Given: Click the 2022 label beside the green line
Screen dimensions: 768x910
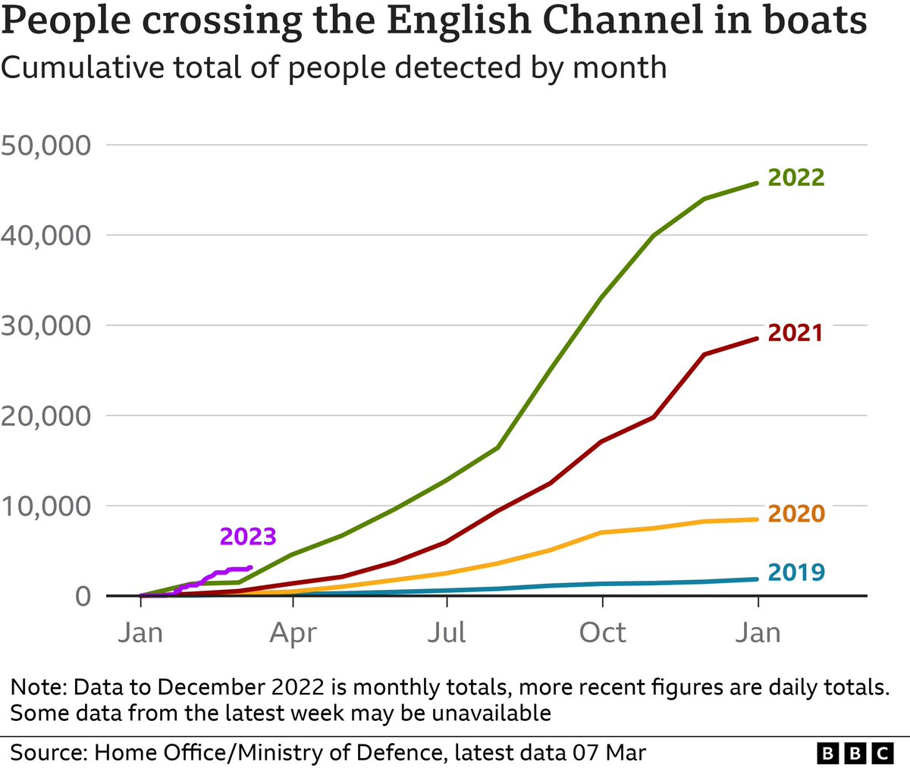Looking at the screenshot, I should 795,177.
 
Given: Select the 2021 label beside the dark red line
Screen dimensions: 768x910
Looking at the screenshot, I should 795,333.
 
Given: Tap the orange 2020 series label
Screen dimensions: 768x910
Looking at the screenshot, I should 795,514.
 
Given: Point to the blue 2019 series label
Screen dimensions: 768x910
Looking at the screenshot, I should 795,572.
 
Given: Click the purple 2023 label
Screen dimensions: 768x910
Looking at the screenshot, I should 248,537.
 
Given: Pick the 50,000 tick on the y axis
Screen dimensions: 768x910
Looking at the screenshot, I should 46,145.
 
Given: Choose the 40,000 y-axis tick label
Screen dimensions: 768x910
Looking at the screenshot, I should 46,235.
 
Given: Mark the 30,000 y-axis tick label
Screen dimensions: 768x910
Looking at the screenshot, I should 46,325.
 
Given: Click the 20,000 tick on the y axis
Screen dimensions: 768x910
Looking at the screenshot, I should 46,415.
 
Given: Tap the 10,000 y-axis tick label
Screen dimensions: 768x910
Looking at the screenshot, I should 46,506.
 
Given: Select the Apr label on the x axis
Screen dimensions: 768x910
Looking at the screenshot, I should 293,632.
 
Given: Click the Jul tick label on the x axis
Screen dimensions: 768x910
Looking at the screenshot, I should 447,632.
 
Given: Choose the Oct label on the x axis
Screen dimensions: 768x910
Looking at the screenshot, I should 602,632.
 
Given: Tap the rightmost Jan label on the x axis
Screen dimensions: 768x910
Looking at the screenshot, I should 758,632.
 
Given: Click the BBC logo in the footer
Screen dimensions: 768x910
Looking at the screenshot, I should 855,753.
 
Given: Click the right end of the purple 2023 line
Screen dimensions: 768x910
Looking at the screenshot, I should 250,568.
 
